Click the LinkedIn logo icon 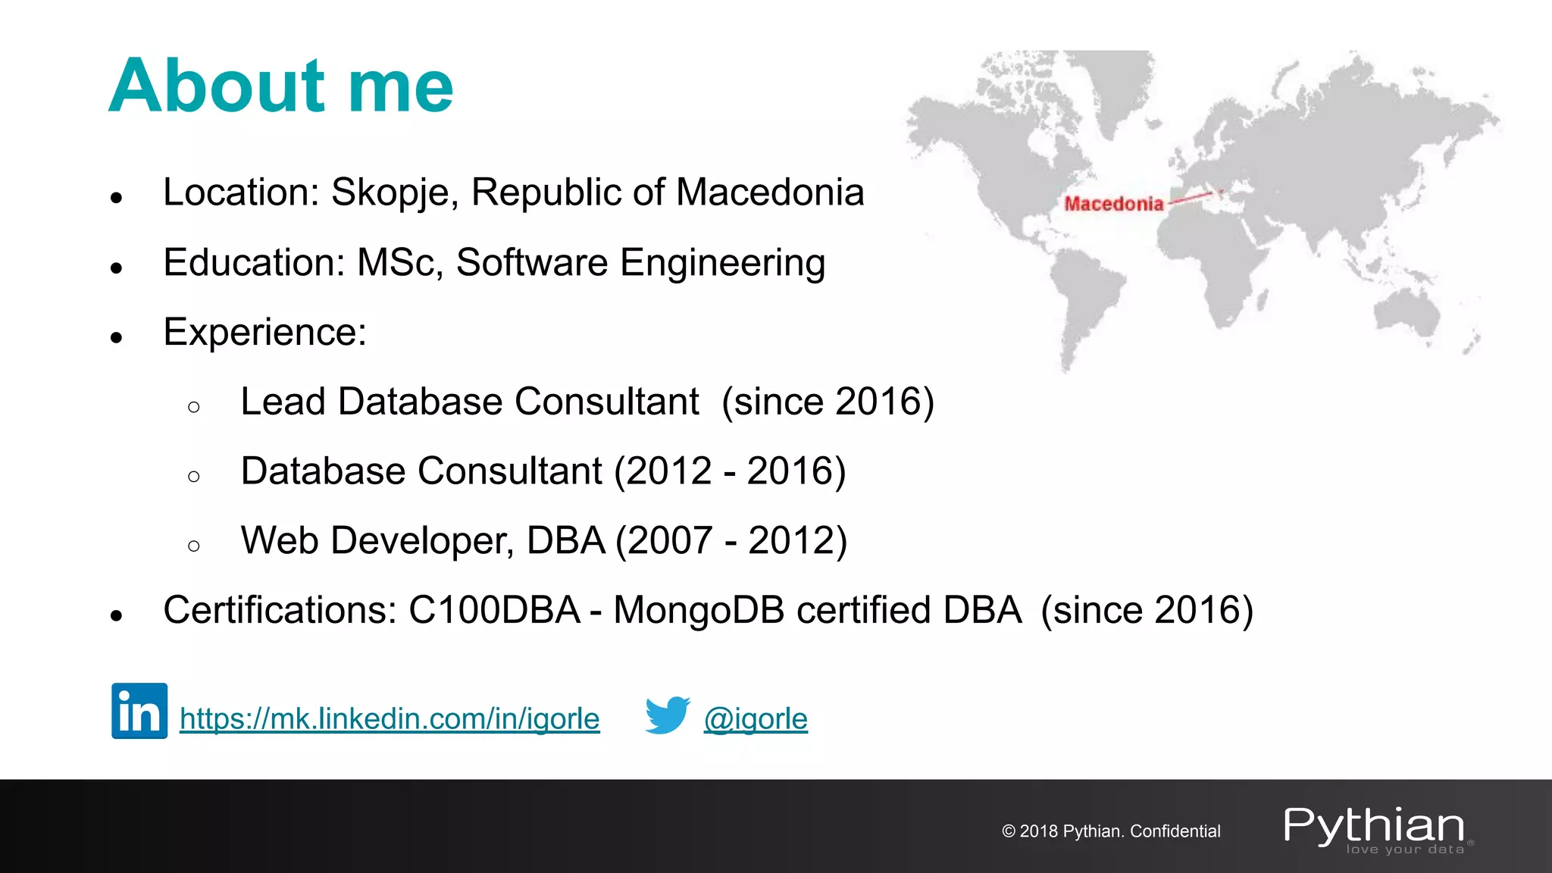tap(139, 710)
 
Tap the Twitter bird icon tap(667, 715)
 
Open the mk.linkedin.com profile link tap(390, 718)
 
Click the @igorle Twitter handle tap(756, 718)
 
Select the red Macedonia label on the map tap(1113, 203)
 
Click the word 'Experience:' tap(265, 332)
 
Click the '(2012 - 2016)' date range tap(730, 471)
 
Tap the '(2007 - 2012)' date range tap(731, 541)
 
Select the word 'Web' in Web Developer tap(279, 540)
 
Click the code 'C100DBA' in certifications tap(494, 610)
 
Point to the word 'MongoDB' tap(699, 610)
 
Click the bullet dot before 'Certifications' tap(116, 615)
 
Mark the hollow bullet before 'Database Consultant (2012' tap(194, 477)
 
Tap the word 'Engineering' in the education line tap(722, 263)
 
